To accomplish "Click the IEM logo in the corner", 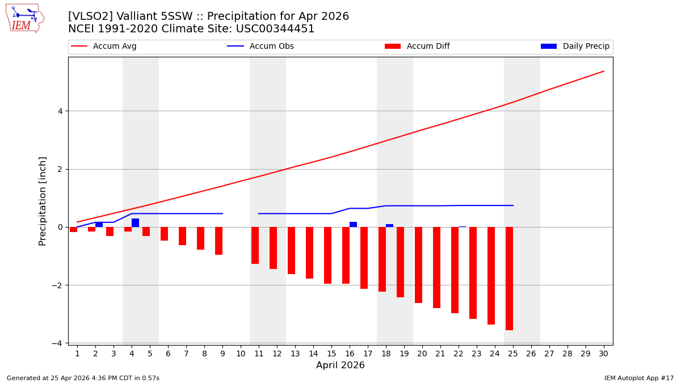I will pos(24,18).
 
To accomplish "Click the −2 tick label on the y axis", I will pos(57,285).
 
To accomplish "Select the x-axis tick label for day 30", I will pos(604,354).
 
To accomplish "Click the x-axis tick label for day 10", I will pos(241,354).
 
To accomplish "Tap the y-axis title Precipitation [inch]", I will pos(43,201).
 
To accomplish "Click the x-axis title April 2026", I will pos(340,365).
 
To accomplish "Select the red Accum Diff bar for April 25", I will pos(509,278).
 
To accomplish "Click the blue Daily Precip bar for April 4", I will pos(135,223).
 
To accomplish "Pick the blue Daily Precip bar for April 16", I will pos(353,225).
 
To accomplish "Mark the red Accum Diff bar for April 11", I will pos(255,245).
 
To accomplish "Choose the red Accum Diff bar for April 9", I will pos(218,241).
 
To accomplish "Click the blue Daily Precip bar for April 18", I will pos(389,226).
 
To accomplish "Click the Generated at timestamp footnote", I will pos(83,378).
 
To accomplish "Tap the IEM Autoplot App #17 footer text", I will pos(639,378).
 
